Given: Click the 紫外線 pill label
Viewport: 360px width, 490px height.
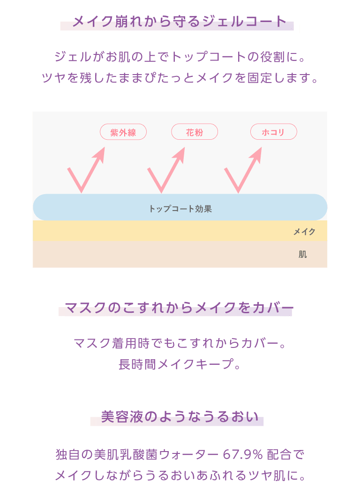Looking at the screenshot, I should (123, 132).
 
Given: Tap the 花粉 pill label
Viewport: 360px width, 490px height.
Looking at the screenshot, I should (195, 132).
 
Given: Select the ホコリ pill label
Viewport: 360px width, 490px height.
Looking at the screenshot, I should (273, 132).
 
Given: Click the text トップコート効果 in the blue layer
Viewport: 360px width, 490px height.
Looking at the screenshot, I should (180, 209).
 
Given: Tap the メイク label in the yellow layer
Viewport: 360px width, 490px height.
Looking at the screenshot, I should (304, 231).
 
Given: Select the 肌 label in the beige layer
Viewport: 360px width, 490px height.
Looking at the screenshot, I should (303, 255).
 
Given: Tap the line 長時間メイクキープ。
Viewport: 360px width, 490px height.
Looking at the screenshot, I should (180, 364).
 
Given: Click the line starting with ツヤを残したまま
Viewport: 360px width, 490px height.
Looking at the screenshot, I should (180, 78).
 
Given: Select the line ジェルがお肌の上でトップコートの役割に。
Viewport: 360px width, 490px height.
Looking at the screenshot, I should (180, 58).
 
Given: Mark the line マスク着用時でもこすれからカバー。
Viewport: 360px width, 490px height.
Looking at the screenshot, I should (180, 344).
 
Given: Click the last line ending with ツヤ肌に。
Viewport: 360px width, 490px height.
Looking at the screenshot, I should (180, 475).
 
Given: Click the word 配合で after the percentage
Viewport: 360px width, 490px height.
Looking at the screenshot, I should (286, 454).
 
